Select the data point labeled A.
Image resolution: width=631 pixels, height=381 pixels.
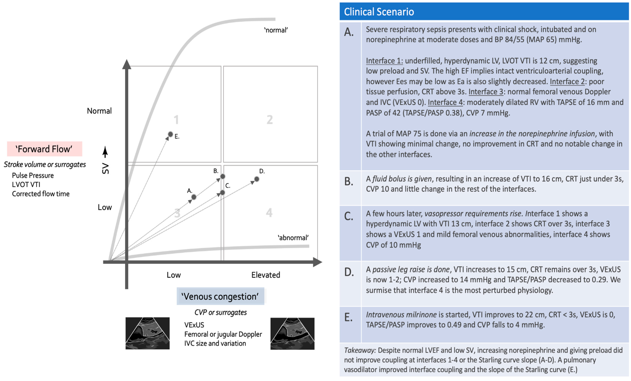(x=194, y=197)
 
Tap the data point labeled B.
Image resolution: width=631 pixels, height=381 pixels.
(x=223, y=176)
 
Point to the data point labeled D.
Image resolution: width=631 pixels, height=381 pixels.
(x=257, y=179)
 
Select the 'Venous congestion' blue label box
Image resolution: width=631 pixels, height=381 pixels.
(x=220, y=296)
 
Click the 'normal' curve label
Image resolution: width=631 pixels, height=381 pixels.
(x=276, y=30)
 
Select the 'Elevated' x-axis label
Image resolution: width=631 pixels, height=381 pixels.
(x=266, y=275)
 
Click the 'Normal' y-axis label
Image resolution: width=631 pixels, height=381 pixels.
(x=99, y=111)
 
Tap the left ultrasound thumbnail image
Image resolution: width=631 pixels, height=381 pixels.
(x=148, y=333)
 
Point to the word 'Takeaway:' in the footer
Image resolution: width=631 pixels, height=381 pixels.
(x=360, y=350)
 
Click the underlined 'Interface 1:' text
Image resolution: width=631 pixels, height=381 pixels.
(x=384, y=61)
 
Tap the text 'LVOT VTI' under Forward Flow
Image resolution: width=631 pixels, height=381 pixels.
(x=26, y=185)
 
